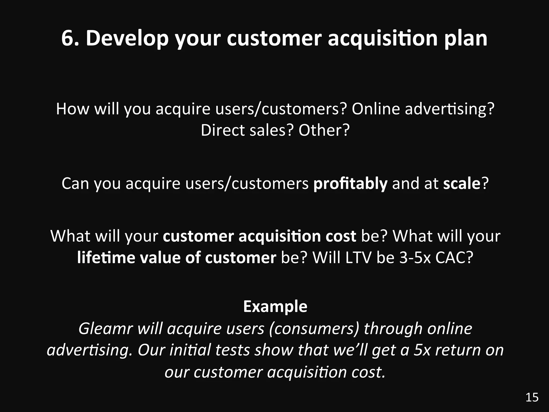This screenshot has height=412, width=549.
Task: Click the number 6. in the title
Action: tap(70, 38)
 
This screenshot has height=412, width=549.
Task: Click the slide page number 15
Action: tap(532, 397)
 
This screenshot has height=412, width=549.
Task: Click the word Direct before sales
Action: tap(222, 130)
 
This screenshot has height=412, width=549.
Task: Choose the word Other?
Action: tap(324, 130)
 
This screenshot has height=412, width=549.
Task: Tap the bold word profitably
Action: tap(350, 184)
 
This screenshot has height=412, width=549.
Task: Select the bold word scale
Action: tap(461, 184)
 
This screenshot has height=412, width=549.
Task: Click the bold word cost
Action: tap(341, 236)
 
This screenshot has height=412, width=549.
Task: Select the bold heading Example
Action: tap(275, 306)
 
